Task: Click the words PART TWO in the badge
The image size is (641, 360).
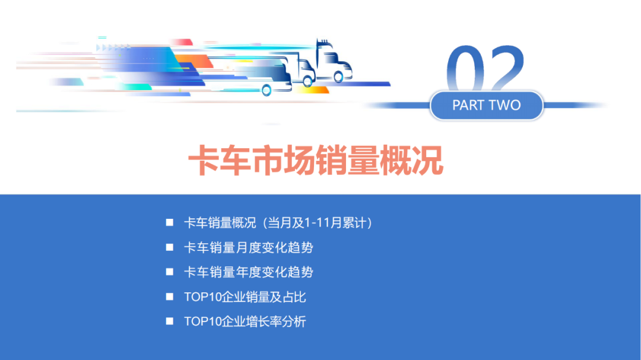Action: pos(486,106)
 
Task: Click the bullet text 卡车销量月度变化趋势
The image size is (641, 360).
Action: pos(248,247)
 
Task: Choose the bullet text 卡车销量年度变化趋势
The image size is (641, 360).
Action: pos(248,272)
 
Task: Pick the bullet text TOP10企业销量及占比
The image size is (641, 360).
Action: pos(245,297)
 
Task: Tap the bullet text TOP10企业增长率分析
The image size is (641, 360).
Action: pos(245,322)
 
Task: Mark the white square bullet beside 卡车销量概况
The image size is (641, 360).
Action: pos(170,222)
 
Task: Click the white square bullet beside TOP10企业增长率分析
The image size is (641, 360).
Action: pos(170,321)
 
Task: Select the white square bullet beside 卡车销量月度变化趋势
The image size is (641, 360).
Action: pos(170,247)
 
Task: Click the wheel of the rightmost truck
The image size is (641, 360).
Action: pos(339,77)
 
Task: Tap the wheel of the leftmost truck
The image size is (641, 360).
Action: pos(266,90)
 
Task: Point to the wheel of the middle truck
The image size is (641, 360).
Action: pos(307,82)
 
